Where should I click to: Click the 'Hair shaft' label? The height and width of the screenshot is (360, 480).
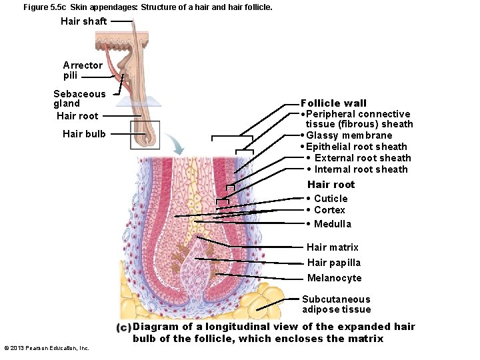pyautogui.click(x=83, y=21)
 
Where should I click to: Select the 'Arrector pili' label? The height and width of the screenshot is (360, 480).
pyautogui.click(x=83, y=70)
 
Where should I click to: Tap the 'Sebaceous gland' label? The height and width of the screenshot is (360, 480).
pyautogui.click(x=79, y=99)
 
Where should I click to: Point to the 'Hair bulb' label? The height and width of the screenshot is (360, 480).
pyautogui.click(x=84, y=134)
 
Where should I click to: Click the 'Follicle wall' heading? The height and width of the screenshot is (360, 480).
pyautogui.click(x=333, y=103)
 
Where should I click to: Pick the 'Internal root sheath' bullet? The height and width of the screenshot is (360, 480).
pyautogui.click(x=361, y=169)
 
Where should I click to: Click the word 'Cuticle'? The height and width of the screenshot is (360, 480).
pyautogui.click(x=331, y=199)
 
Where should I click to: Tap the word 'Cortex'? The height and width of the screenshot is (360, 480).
pyautogui.click(x=329, y=210)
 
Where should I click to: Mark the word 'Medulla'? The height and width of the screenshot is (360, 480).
pyautogui.click(x=332, y=224)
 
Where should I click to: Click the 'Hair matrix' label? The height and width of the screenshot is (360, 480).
pyautogui.click(x=332, y=247)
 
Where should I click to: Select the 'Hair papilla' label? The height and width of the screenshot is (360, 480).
pyautogui.click(x=333, y=263)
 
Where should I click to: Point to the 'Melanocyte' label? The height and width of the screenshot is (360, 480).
pyautogui.click(x=334, y=278)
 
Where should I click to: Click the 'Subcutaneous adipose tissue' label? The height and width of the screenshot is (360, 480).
pyautogui.click(x=336, y=304)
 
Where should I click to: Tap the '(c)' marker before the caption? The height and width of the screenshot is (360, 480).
pyautogui.click(x=123, y=327)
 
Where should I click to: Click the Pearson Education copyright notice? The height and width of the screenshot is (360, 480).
pyautogui.click(x=47, y=348)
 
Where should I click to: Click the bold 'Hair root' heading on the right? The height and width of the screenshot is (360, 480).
pyautogui.click(x=331, y=185)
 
